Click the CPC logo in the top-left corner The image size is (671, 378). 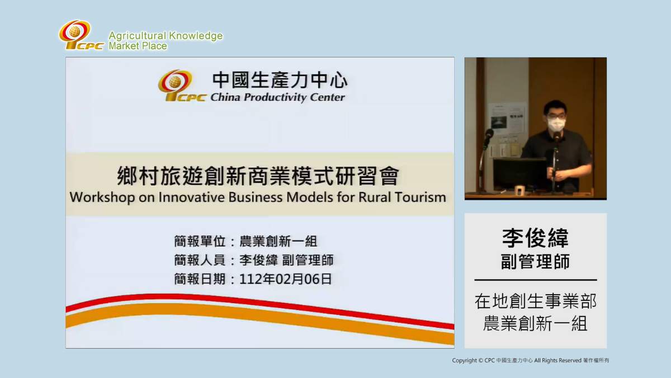[81, 35]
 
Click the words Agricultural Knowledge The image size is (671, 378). [166, 36]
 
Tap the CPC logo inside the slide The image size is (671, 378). [182, 86]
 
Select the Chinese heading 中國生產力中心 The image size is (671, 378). [280, 81]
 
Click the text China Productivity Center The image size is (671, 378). [278, 97]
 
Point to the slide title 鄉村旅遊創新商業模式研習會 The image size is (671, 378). [258, 176]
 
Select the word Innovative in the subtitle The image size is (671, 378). [191, 197]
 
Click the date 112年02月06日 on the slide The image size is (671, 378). [286, 279]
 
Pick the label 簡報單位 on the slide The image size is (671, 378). [200, 242]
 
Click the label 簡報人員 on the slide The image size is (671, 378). [200, 260]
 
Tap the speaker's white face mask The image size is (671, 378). [556, 124]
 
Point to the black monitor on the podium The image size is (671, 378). [520, 174]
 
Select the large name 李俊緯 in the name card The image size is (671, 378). [535, 238]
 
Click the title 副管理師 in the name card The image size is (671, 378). [535, 262]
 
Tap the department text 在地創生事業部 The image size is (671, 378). [536, 301]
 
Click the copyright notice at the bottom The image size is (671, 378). [531, 360]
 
